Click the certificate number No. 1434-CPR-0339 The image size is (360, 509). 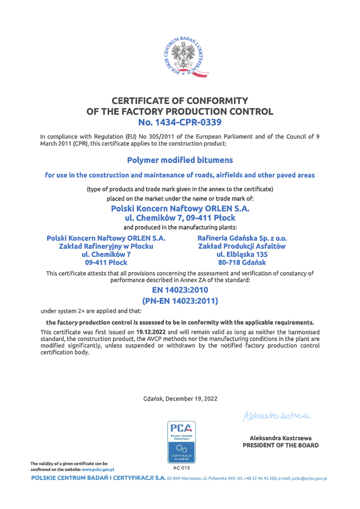(180, 122)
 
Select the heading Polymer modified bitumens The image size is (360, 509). (180, 160)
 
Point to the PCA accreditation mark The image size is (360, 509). (180, 441)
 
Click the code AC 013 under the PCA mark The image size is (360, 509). (180, 467)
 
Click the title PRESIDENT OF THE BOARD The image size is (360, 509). (280, 445)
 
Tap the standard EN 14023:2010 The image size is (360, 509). (180, 290)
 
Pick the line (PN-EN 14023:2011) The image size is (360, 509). (180, 301)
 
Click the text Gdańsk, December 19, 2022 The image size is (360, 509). (180, 399)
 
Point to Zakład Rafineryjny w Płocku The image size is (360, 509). (107, 246)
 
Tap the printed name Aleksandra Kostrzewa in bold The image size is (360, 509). (280, 438)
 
